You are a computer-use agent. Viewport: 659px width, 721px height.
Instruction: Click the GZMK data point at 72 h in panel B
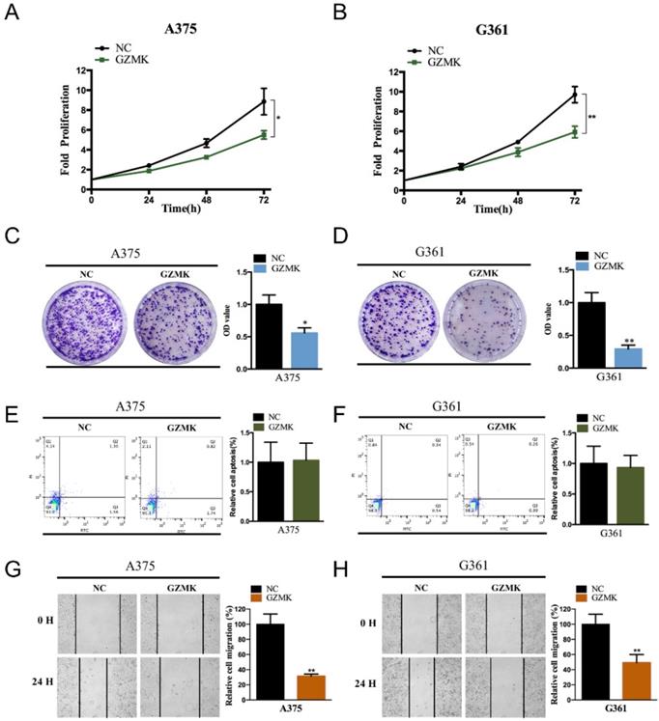(x=574, y=132)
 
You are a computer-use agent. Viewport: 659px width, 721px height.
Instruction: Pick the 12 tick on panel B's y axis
(x=394, y=71)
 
